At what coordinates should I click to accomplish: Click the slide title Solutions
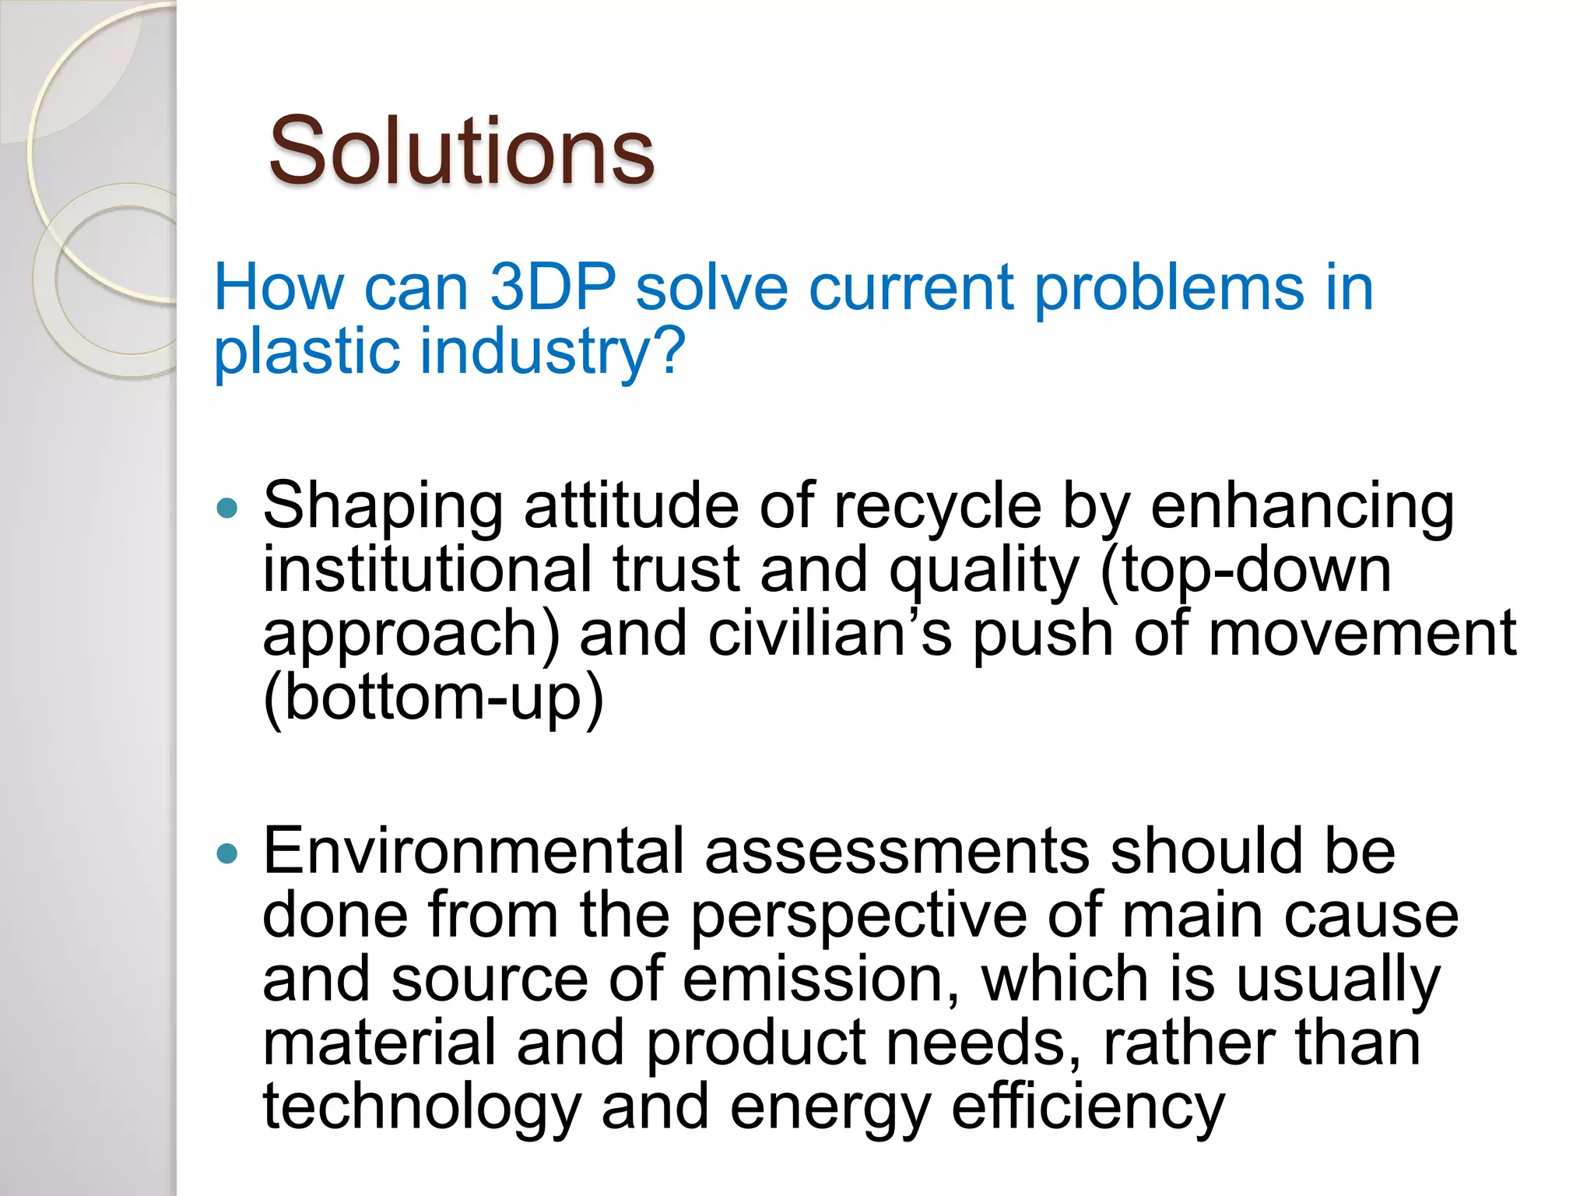tap(461, 151)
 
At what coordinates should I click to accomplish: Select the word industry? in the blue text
tap(552, 351)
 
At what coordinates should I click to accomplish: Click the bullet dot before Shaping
tap(227, 509)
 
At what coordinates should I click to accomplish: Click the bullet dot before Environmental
tap(227, 854)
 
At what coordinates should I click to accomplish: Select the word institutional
tap(427, 569)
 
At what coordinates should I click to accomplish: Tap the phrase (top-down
tap(1245, 569)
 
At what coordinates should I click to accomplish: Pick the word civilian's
tap(830, 633)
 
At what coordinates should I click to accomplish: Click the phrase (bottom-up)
tap(434, 697)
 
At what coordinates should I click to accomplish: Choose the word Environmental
tap(473, 851)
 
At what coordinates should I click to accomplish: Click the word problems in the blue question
tap(1168, 287)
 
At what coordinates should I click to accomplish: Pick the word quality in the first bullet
tap(984, 571)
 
